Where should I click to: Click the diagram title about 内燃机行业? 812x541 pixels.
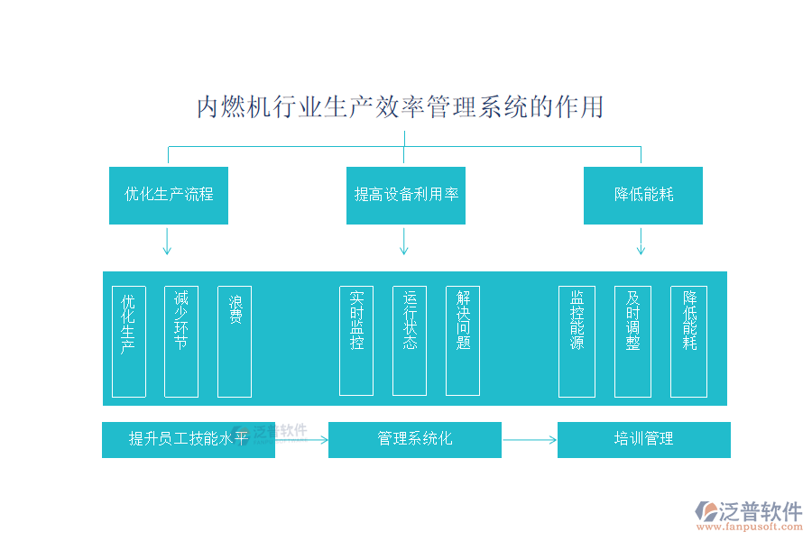point(400,107)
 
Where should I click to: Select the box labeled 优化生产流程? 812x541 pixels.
point(169,195)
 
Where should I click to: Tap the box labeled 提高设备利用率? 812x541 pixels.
point(406,195)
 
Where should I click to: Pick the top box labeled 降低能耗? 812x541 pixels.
point(642,195)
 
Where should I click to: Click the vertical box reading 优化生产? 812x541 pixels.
point(129,342)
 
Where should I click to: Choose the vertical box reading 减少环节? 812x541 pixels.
point(181,342)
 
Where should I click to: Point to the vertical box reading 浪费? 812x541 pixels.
point(235,342)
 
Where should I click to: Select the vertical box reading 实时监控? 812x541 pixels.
point(356,341)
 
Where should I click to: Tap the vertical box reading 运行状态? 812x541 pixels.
point(410,341)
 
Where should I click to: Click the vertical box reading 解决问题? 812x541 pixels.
point(463,341)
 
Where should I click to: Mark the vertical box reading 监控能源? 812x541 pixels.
point(577,342)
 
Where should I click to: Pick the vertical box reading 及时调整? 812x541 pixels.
point(632,342)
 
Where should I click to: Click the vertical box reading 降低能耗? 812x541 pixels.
point(688,342)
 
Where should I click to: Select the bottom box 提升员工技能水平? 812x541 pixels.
point(188,440)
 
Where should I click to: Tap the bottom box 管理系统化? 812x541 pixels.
point(414,440)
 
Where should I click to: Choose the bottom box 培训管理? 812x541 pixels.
point(643,440)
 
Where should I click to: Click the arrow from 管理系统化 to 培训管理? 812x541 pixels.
point(530,440)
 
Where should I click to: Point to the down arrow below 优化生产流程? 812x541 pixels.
point(167,241)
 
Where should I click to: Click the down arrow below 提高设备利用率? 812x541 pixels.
point(404,241)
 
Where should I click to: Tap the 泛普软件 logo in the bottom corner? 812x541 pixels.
point(748,517)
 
